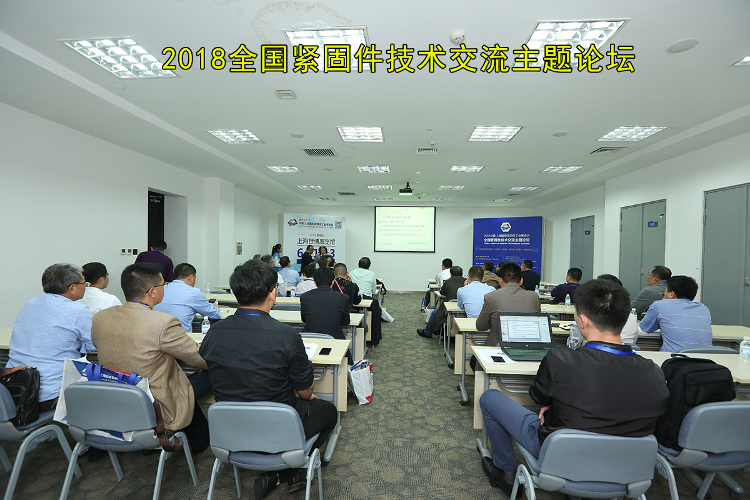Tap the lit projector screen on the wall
[x=404, y=229]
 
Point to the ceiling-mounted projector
[x=406, y=189]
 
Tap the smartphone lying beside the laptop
[x=497, y=359]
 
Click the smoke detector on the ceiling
[x=457, y=36]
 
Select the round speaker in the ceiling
[x=682, y=45]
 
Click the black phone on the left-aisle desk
[x=325, y=351]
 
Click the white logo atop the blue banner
[x=505, y=227]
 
